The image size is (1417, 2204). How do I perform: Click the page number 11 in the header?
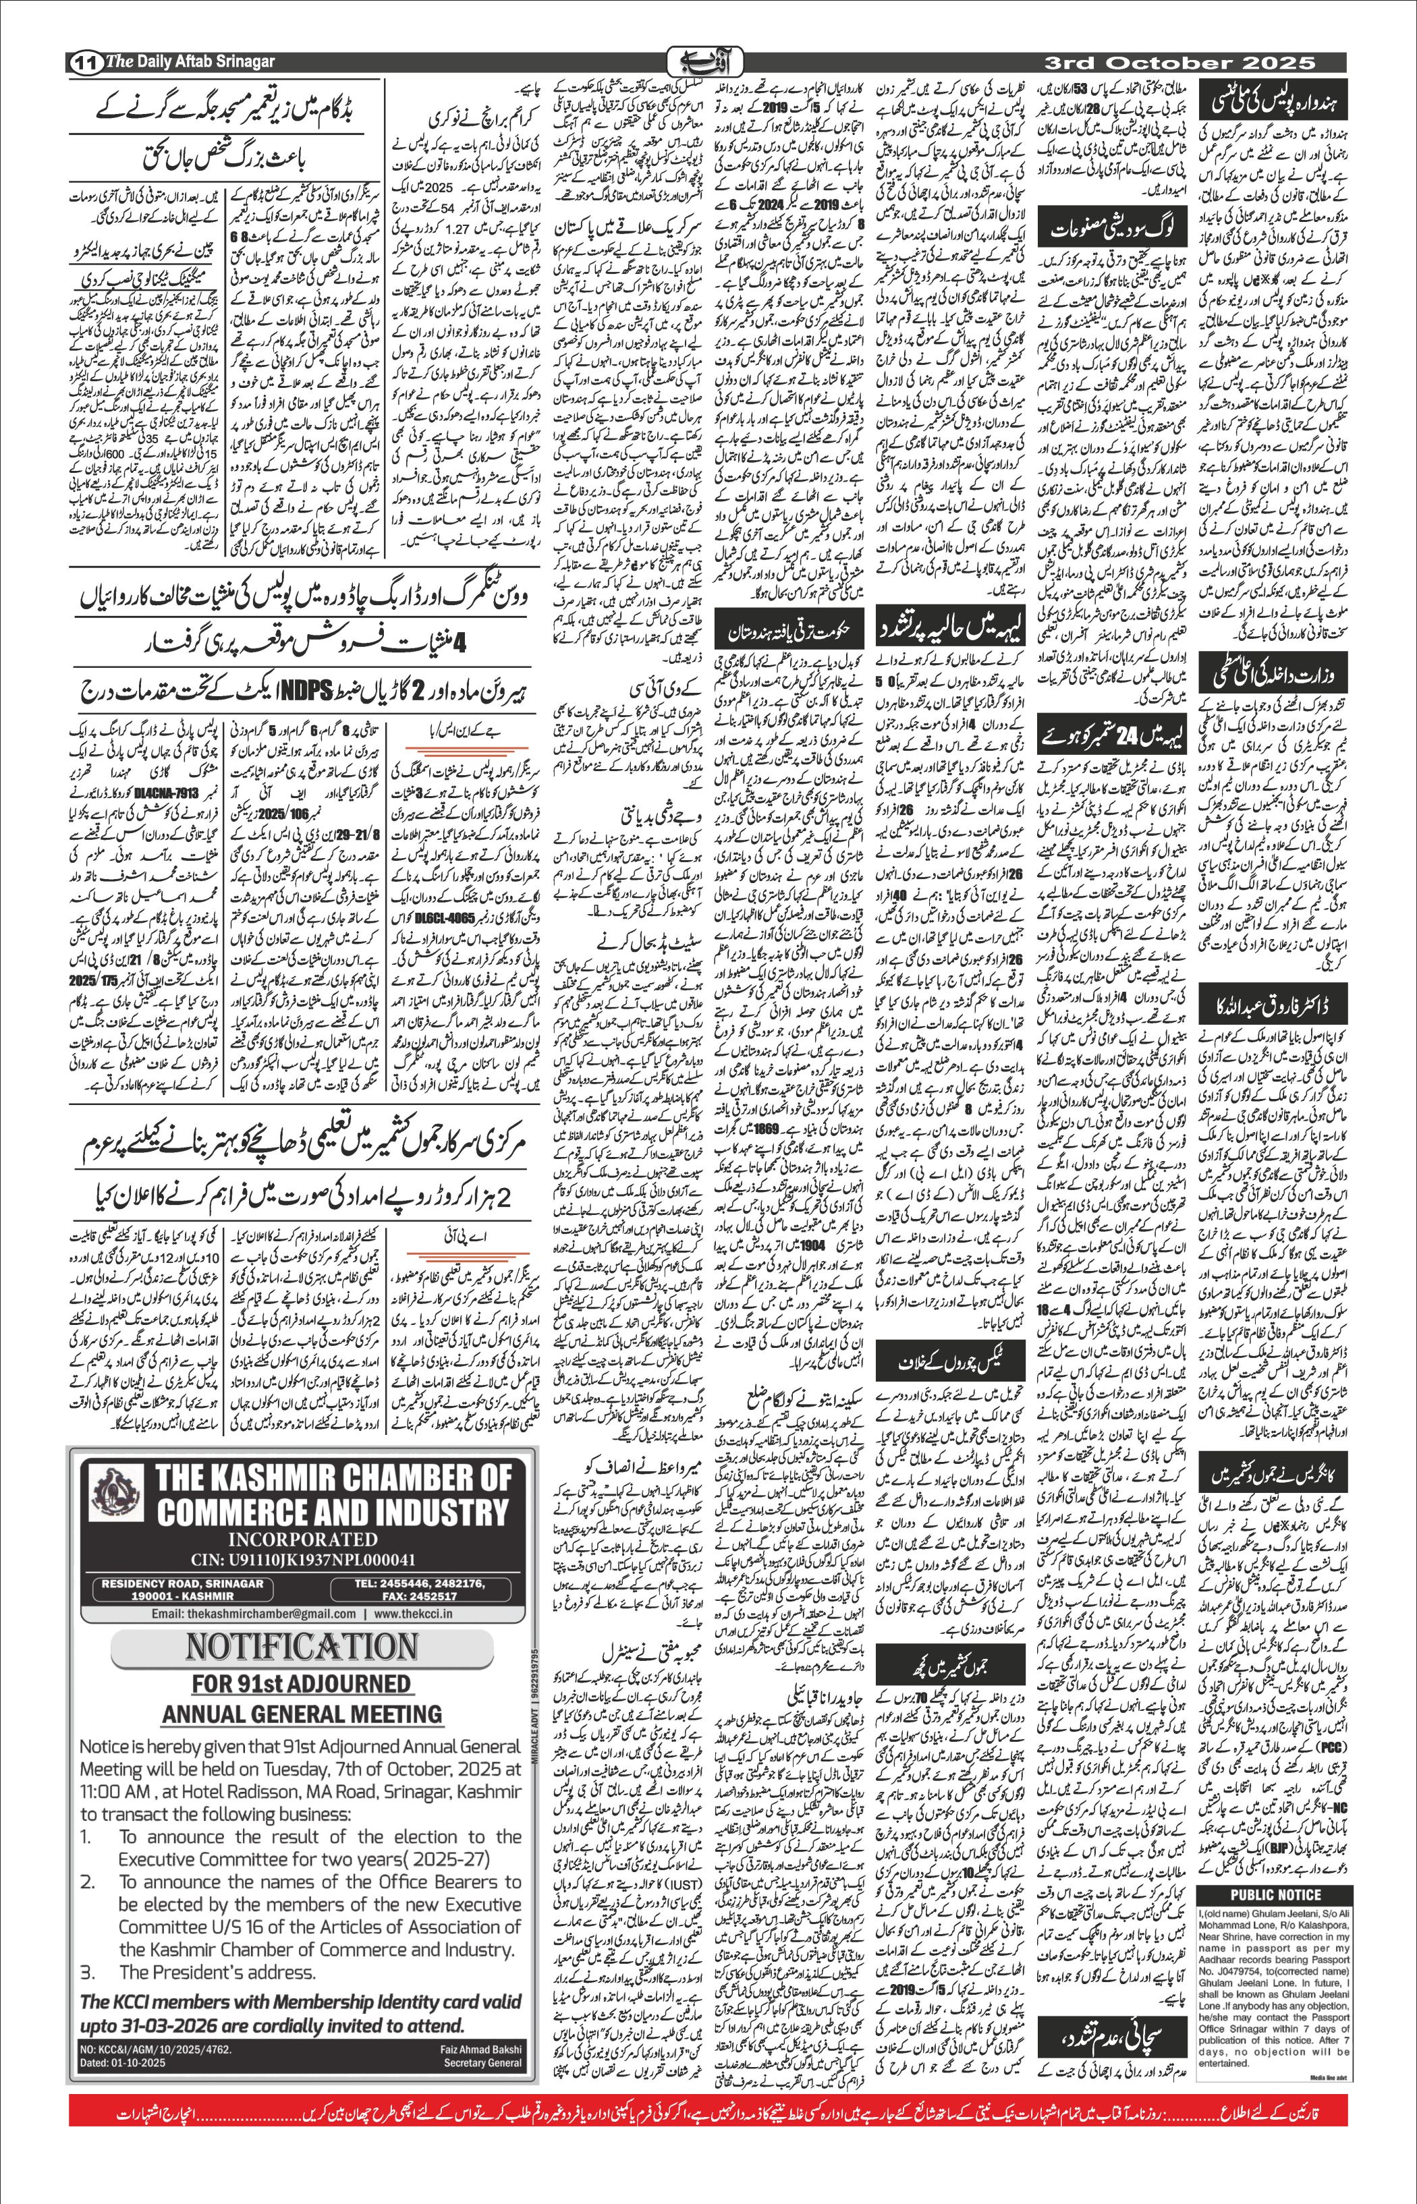84,63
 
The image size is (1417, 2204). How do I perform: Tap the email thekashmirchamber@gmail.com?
254,1614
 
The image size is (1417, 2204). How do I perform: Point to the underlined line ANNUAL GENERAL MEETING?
302,1714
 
